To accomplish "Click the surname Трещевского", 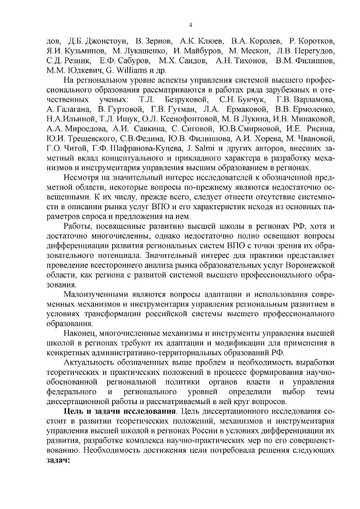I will click(x=89, y=139).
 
